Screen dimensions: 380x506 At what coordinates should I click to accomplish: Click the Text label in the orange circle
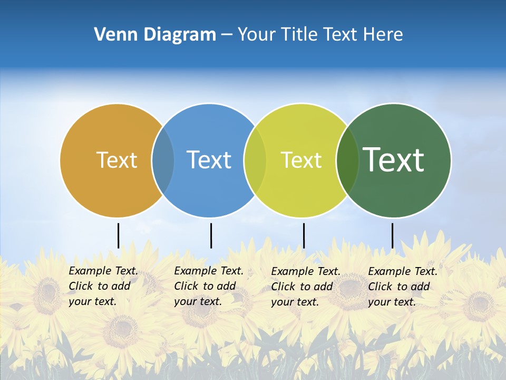(116, 160)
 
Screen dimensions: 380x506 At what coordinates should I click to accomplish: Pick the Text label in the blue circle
(209, 160)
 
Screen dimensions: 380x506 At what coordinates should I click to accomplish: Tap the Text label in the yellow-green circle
(301, 160)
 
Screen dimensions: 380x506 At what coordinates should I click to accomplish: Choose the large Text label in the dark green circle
(394, 160)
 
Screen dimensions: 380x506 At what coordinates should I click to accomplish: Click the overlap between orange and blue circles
(163, 160)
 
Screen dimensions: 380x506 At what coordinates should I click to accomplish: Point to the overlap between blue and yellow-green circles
(255, 160)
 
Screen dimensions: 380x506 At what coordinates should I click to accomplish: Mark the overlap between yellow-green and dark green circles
(347, 160)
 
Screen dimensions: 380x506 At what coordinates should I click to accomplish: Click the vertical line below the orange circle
(118, 235)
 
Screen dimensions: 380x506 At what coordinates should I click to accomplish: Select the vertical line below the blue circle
(211, 235)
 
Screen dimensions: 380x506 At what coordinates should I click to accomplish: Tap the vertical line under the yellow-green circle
(304, 235)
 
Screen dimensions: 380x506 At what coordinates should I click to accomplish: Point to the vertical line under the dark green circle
(392, 235)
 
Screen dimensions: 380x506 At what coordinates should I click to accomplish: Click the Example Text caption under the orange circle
(103, 286)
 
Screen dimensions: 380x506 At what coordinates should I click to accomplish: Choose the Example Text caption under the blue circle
(208, 286)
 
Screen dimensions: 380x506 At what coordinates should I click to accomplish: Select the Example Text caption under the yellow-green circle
(305, 287)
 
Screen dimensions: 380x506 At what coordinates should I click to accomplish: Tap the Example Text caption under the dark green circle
(402, 287)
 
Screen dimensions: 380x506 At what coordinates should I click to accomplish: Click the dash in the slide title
(227, 35)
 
